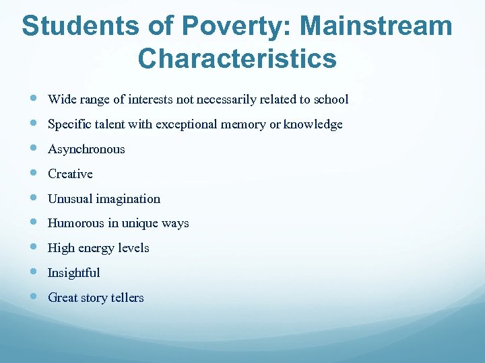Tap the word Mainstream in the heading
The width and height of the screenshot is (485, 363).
376,26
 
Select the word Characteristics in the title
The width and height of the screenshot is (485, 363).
237,58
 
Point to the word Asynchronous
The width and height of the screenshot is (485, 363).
86,149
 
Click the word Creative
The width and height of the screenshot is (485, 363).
70,174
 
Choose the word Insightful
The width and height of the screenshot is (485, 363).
73,273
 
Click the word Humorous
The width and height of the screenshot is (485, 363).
76,223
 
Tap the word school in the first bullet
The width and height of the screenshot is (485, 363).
331,99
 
